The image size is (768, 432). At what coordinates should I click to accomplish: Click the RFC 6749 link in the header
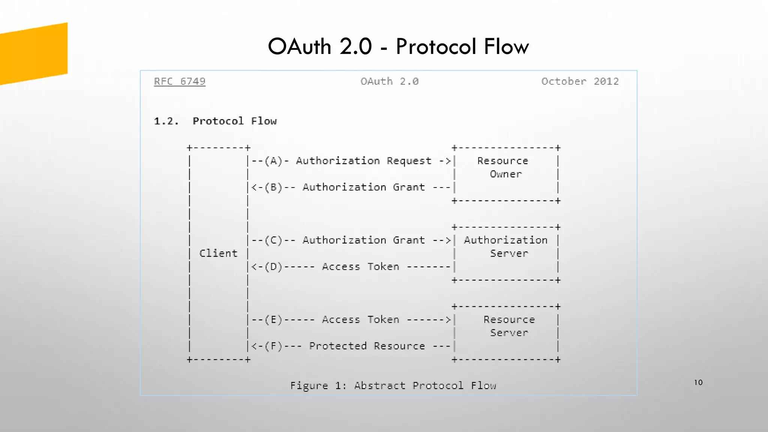click(x=180, y=81)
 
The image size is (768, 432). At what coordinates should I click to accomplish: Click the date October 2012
click(x=580, y=81)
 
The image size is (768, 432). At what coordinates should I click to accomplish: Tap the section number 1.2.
click(x=166, y=121)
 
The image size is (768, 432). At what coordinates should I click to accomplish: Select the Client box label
click(x=218, y=253)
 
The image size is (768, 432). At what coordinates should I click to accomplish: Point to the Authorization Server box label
click(x=506, y=247)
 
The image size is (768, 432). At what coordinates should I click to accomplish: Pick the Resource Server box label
click(x=509, y=326)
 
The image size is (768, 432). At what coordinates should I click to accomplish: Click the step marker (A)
click(x=273, y=161)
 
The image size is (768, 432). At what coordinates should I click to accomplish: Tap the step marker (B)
click(x=273, y=187)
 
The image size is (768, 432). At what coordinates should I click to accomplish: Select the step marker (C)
click(x=273, y=240)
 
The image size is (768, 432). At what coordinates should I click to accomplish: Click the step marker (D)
click(x=273, y=267)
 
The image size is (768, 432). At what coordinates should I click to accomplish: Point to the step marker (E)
click(x=273, y=320)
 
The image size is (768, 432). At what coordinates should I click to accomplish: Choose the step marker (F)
click(x=273, y=346)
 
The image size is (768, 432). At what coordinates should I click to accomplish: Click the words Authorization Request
click(x=364, y=161)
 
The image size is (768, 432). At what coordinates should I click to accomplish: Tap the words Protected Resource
click(x=367, y=346)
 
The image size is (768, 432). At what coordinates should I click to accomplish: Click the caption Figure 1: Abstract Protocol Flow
click(x=393, y=385)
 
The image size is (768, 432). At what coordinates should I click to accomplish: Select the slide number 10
click(x=698, y=382)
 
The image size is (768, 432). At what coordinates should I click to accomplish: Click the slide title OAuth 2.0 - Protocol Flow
click(x=398, y=46)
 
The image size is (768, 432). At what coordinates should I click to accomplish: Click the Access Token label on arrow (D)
click(x=360, y=267)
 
